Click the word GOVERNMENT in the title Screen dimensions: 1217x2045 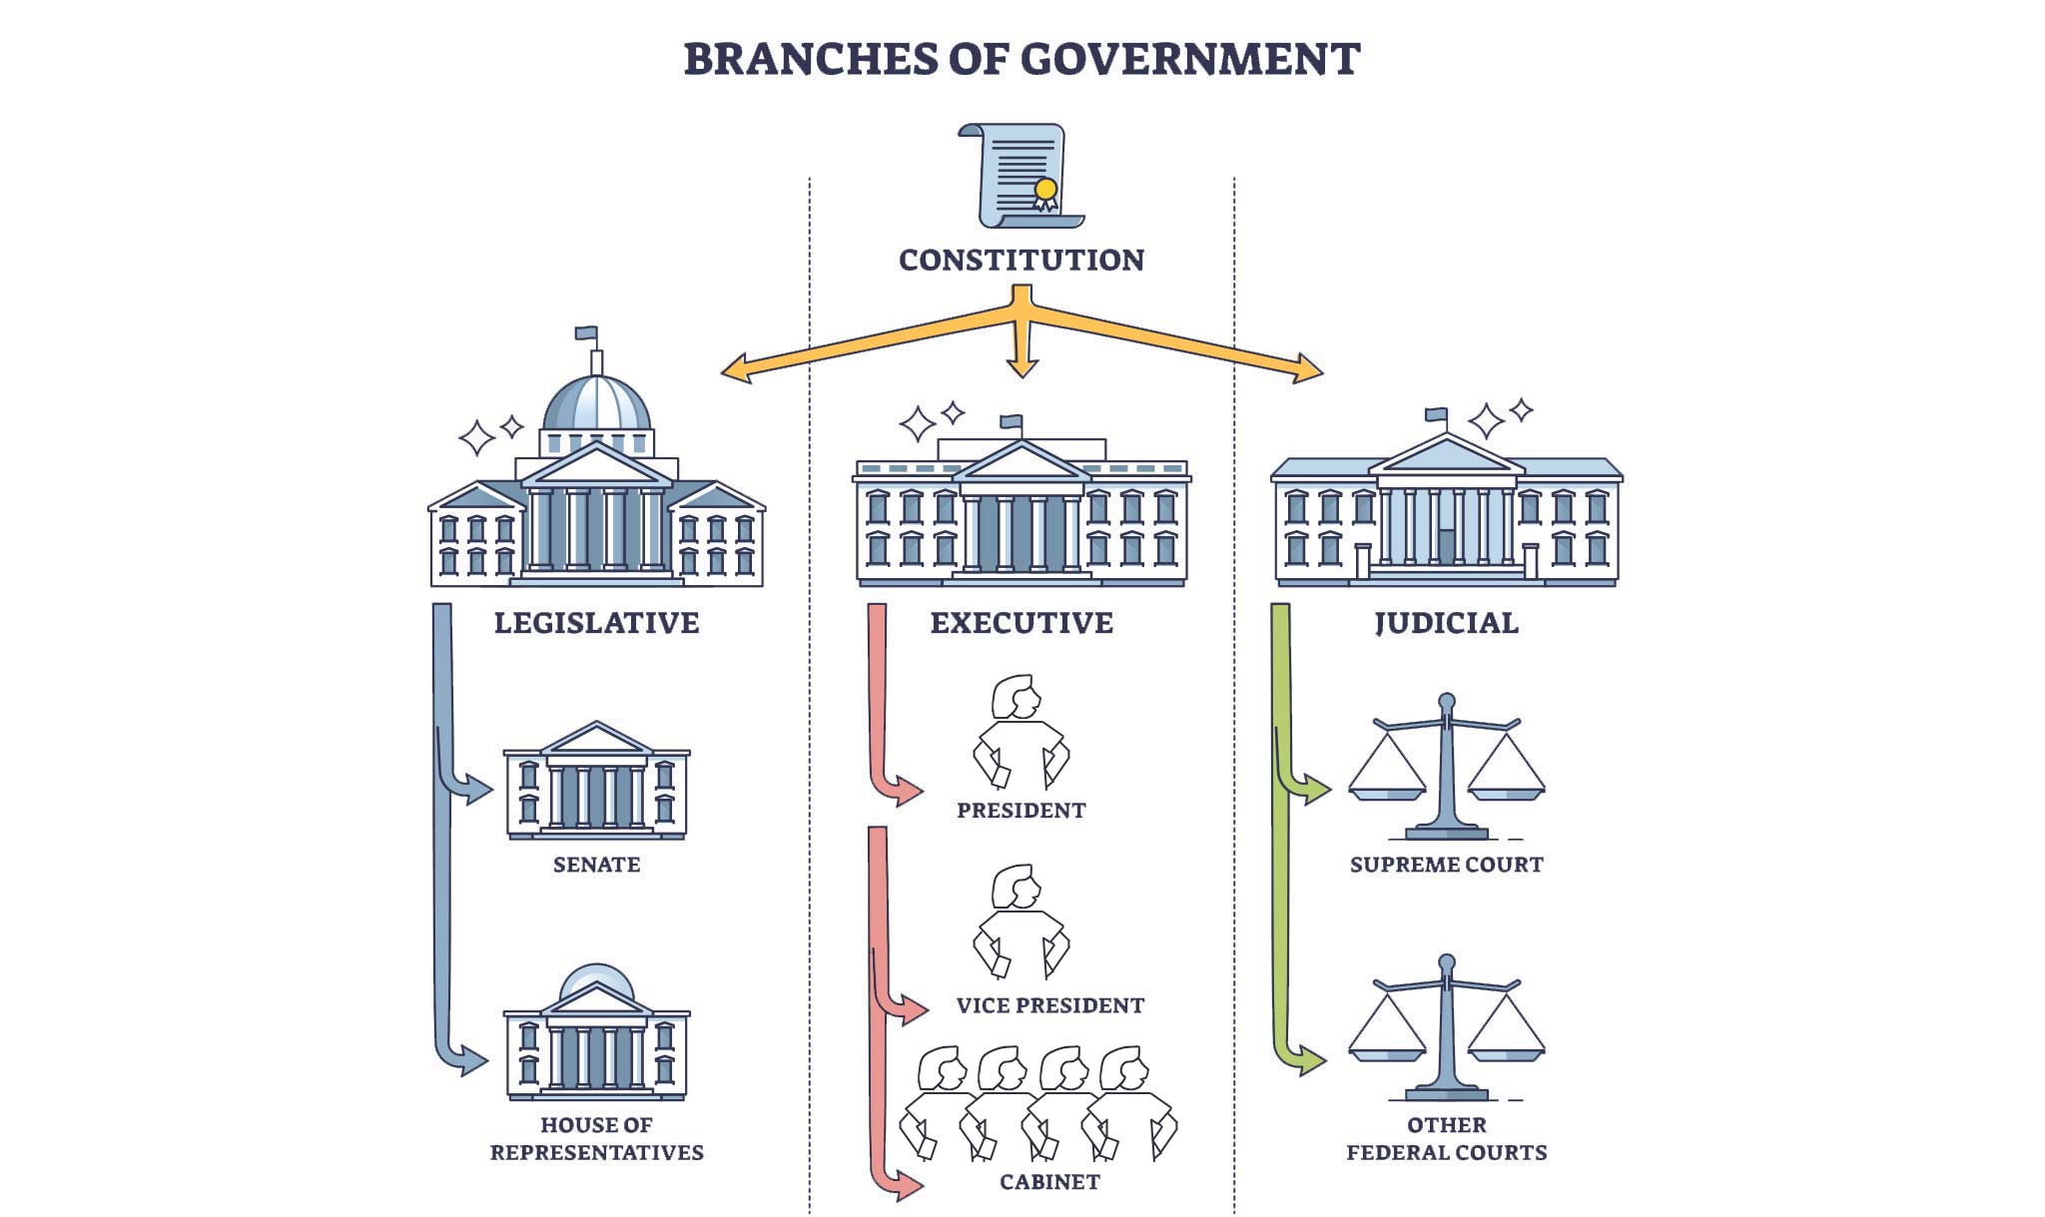click(1190, 59)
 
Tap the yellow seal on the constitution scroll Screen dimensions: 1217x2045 click(1045, 189)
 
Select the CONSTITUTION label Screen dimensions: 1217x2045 click(1022, 260)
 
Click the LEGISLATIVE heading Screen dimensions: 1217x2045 click(596, 623)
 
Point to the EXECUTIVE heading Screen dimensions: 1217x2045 click(1022, 623)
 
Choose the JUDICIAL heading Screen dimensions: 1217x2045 click(1446, 623)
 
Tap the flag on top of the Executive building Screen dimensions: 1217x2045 click(1012, 421)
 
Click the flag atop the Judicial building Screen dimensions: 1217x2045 click(1437, 414)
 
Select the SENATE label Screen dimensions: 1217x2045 click(596, 865)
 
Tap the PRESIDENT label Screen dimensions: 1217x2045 click(1021, 811)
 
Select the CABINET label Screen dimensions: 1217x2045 click(1049, 1182)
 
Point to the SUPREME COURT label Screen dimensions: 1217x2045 click(1446, 865)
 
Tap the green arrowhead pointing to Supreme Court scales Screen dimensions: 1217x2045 click(1317, 791)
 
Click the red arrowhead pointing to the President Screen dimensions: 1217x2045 click(910, 792)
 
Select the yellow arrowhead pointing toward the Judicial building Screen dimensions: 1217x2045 click(1309, 369)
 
